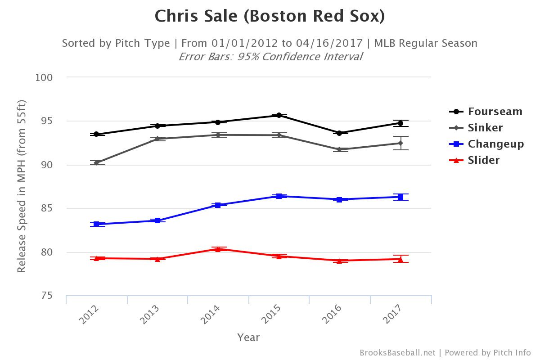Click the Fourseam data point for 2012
click(96, 134)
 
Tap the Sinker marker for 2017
click(400, 143)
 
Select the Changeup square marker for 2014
click(218, 205)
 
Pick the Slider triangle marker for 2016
click(339, 261)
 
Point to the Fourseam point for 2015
click(279, 115)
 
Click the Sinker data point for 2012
click(96, 162)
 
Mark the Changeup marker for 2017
click(400, 197)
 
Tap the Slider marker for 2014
click(218, 249)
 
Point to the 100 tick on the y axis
click(44, 77)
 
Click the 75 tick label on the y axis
click(47, 296)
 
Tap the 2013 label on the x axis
click(149, 314)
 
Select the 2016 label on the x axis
click(332, 314)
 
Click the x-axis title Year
click(248, 337)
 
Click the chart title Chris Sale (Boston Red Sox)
click(270, 16)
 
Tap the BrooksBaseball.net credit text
click(397, 353)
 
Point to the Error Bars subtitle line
click(270, 57)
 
